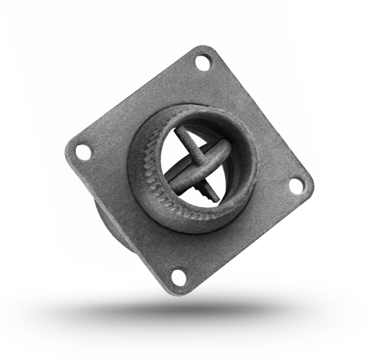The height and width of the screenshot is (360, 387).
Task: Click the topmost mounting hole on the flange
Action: tap(204, 62)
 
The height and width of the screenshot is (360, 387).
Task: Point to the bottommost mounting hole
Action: tap(179, 277)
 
